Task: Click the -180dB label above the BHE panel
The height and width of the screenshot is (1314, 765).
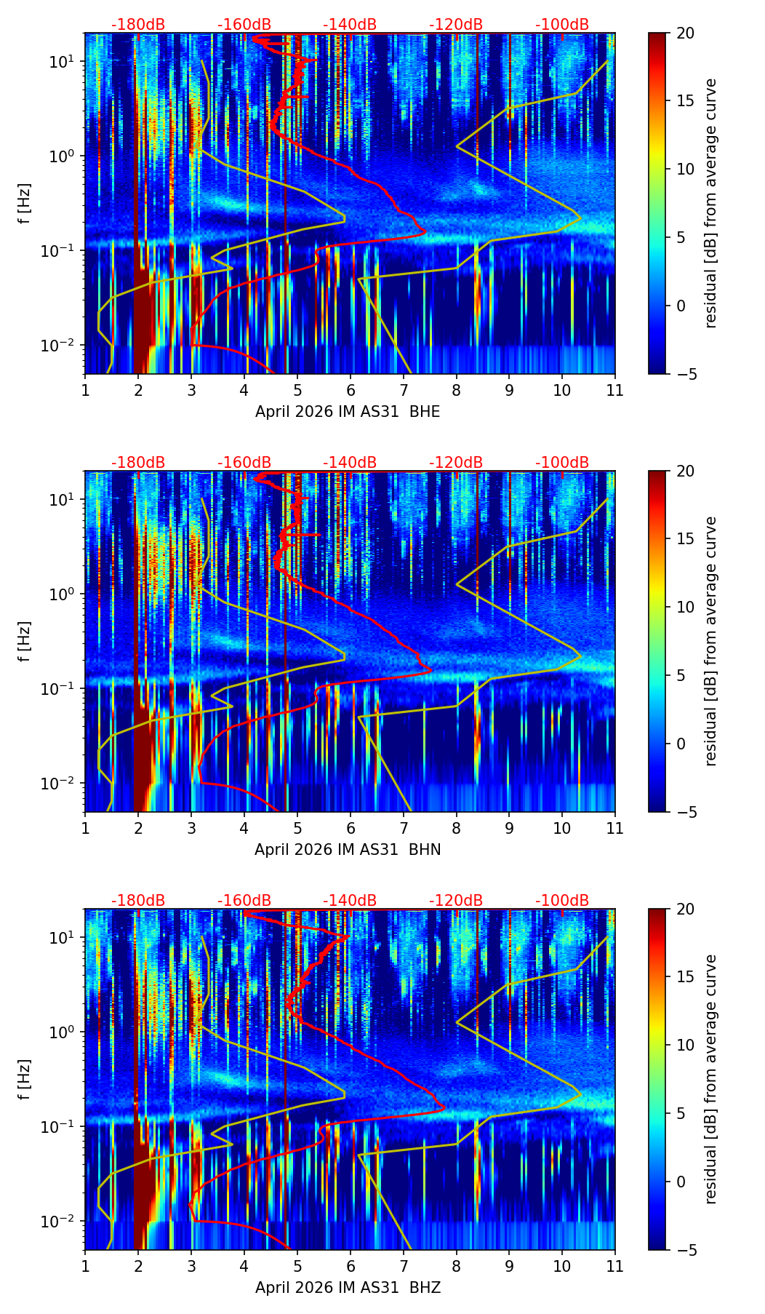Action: click(x=138, y=25)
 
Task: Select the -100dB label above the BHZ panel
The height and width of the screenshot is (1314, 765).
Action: click(x=562, y=901)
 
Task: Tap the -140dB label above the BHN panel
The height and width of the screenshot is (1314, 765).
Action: click(x=350, y=463)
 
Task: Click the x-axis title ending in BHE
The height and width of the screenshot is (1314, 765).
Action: click(x=348, y=412)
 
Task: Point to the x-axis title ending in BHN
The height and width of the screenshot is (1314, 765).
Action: click(x=348, y=850)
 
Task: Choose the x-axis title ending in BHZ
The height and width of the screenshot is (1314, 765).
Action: click(x=348, y=1288)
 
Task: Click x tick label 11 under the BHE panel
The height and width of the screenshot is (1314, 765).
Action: click(x=614, y=390)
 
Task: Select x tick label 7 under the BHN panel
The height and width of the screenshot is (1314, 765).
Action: click(x=403, y=828)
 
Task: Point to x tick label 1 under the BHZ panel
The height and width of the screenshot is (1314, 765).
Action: click(x=85, y=1266)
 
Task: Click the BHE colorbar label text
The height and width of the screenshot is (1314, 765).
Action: click(x=710, y=204)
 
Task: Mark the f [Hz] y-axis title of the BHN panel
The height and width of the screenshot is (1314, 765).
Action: click(x=24, y=642)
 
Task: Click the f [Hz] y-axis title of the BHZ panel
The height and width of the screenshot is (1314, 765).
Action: click(x=24, y=1080)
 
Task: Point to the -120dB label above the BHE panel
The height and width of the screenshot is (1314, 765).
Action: click(x=456, y=25)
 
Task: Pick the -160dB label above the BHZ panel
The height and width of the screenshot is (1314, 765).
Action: click(x=244, y=901)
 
